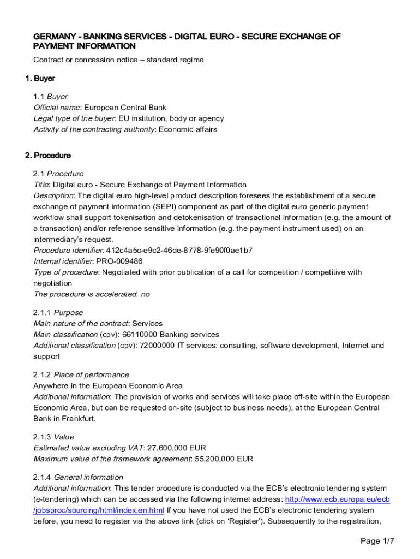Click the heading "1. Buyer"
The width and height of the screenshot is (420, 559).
click(40, 78)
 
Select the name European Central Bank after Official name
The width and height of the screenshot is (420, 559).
click(125, 108)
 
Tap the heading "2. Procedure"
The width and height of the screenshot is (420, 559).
click(48, 156)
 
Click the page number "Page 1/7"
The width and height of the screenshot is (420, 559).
click(377, 541)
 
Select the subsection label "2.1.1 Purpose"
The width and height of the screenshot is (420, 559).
click(58, 313)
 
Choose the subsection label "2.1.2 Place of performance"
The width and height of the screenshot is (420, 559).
click(81, 375)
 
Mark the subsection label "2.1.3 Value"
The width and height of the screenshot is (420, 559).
click(53, 437)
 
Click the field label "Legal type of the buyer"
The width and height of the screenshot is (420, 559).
click(74, 118)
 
